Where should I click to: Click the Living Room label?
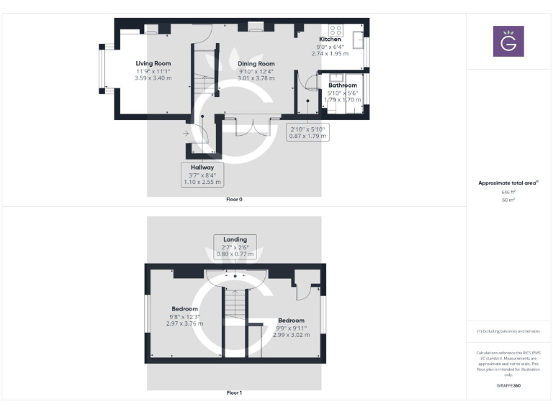[x=153, y=63]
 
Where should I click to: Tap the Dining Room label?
[x=256, y=63]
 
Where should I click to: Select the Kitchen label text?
[x=330, y=39]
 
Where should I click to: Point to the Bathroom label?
[x=342, y=85]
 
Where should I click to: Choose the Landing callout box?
[x=235, y=247]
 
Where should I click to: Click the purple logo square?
[x=508, y=41]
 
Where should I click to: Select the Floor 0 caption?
[x=234, y=199]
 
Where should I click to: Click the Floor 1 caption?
[x=234, y=392]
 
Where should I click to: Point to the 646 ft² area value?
[x=508, y=192]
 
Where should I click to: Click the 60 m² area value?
[x=508, y=200]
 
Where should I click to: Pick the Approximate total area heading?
[x=508, y=183]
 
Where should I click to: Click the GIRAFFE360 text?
[x=508, y=386]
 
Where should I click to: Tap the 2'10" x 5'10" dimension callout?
[x=308, y=132]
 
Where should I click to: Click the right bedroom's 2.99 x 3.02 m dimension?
[x=291, y=334]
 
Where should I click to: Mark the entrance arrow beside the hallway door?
[x=186, y=133]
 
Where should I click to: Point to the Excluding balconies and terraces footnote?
[x=508, y=331]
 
